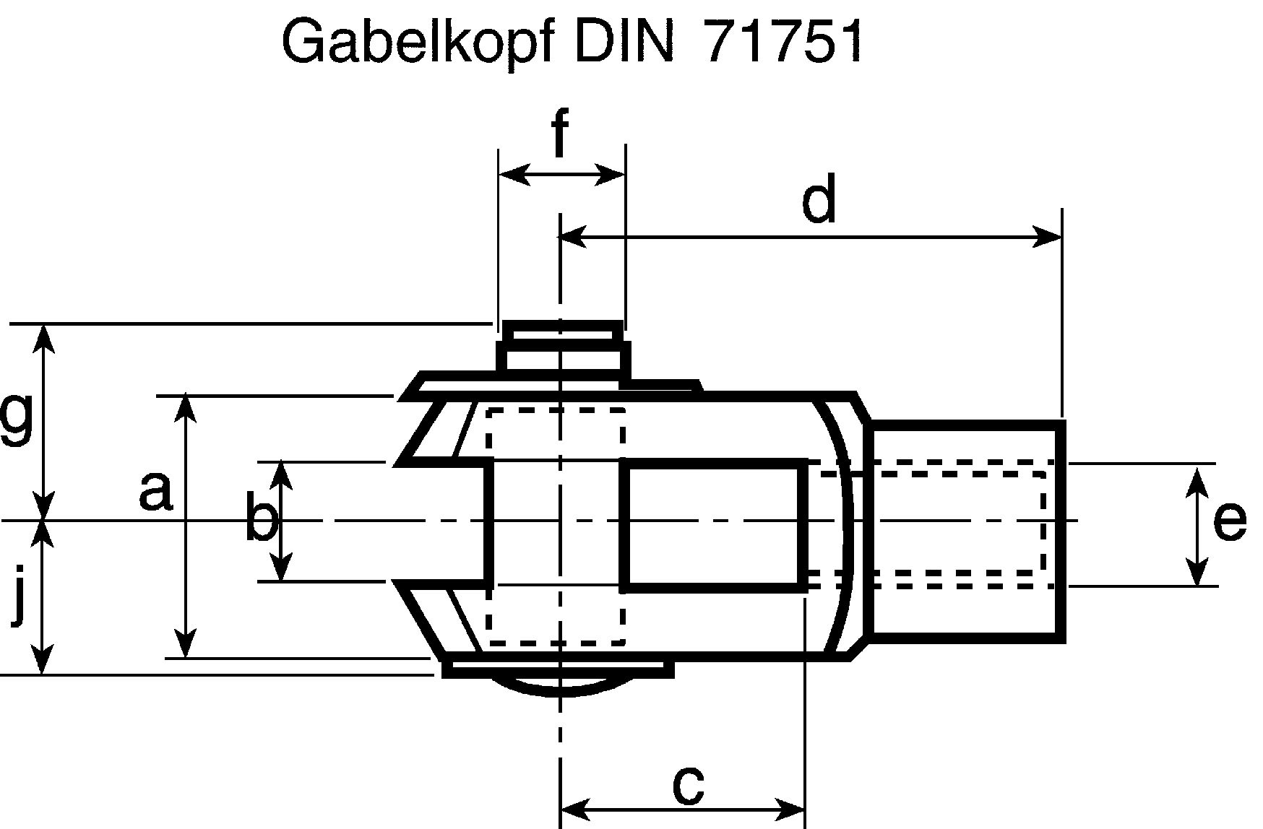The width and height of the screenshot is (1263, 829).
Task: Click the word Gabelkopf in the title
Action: click(418, 42)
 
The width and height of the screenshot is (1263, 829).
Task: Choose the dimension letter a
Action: click(155, 491)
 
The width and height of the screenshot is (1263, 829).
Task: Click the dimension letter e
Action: click(1229, 521)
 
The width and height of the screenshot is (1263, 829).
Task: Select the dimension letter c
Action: click(688, 785)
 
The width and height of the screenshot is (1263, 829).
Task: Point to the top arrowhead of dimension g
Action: click(45, 339)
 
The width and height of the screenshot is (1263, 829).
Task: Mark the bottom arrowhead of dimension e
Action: click(1197, 571)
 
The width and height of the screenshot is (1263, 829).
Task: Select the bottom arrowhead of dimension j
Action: click(43, 659)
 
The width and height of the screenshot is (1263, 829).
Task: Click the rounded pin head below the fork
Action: click(560, 686)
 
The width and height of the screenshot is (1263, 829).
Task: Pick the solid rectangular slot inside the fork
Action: click(714, 525)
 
